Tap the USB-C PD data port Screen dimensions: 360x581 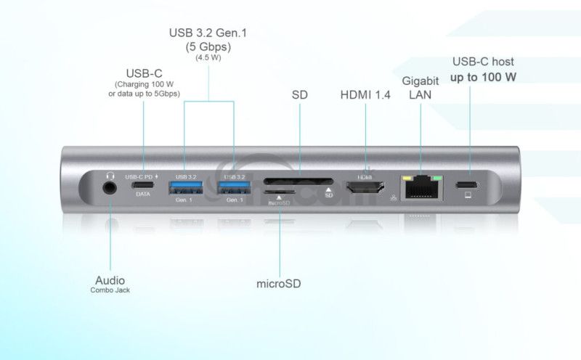click(x=142, y=186)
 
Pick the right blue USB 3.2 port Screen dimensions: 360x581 click(x=234, y=187)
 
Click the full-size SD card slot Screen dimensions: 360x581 click(x=298, y=181)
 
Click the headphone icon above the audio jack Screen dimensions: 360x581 click(x=110, y=175)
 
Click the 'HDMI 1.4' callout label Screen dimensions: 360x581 click(x=365, y=94)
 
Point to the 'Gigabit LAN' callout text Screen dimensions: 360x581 click(x=421, y=86)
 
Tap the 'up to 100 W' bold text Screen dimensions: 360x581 click(x=483, y=77)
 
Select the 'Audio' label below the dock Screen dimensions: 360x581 click(x=110, y=279)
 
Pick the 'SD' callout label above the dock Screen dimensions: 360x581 click(x=299, y=94)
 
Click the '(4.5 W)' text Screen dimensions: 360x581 click(x=208, y=58)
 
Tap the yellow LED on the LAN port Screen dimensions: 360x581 click(x=407, y=176)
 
